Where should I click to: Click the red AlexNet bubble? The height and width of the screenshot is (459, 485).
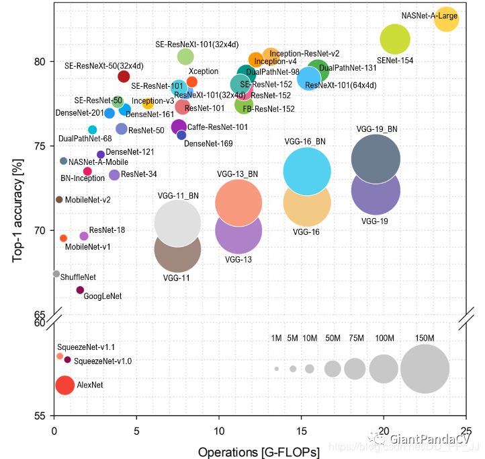[x=64, y=385]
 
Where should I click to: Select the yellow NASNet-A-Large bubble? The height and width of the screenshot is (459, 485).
[x=446, y=20]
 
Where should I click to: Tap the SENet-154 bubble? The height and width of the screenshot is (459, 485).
[x=395, y=39]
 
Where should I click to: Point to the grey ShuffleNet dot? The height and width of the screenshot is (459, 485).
[x=56, y=273]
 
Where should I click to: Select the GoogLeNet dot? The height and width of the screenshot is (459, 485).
[x=80, y=290]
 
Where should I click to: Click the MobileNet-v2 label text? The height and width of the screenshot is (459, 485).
[x=88, y=200]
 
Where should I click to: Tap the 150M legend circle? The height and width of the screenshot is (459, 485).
[x=425, y=369]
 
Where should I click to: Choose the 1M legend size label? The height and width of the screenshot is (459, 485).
[x=276, y=338]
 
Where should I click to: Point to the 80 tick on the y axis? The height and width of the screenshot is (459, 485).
[x=41, y=61]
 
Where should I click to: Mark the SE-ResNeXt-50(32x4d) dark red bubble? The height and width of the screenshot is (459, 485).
[x=124, y=76]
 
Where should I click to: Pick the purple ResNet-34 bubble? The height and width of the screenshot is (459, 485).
[x=114, y=175]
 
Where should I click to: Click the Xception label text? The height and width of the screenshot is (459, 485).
[x=204, y=71]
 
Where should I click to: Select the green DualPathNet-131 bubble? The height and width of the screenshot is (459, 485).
[x=318, y=70]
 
